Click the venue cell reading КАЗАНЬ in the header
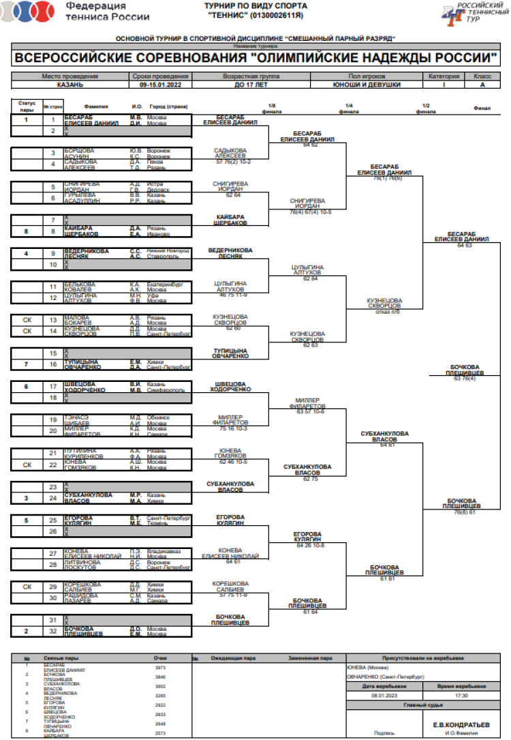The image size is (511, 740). [70, 85]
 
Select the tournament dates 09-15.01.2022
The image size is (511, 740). [160, 85]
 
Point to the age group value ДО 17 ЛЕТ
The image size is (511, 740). [251, 85]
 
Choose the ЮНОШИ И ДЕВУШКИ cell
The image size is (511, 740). [365, 85]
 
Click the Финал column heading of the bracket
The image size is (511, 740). [481, 108]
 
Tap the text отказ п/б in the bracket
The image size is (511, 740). [384, 312]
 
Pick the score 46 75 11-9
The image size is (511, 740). [234, 295]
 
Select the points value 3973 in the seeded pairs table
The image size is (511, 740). [161, 667]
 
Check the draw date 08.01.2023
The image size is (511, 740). [384, 696]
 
